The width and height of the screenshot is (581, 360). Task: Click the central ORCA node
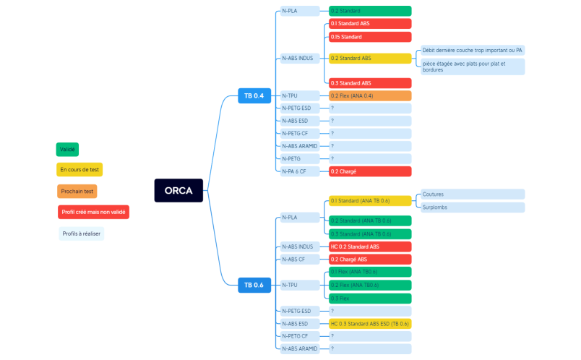click(x=178, y=191)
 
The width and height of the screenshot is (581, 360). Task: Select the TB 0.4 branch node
click(x=253, y=95)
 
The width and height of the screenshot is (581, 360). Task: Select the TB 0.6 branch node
click(x=253, y=285)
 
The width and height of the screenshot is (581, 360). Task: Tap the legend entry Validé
click(x=67, y=149)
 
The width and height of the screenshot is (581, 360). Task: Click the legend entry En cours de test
click(x=79, y=170)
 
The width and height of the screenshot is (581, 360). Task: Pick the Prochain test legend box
click(x=77, y=192)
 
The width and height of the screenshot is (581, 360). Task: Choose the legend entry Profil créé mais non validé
click(x=93, y=212)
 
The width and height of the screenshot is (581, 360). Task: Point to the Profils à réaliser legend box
click(x=81, y=233)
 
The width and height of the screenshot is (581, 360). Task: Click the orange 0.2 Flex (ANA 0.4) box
click(x=369, y=95)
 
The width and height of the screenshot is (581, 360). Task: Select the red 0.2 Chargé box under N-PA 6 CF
click(x=369, y=171)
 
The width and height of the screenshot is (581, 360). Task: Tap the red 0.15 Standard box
click(x=369, y=37)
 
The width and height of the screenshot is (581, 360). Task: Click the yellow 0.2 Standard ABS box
click(x=369, y=58)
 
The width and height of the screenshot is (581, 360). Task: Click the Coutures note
click(x=472, y=194)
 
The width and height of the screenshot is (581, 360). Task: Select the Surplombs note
click(x=472, y=207)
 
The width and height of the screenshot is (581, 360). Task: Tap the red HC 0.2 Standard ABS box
click(x=369, y=247)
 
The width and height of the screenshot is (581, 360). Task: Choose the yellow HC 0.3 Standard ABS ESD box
click(x=369, y=324)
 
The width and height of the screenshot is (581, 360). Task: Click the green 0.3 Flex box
click(x=369, y=298)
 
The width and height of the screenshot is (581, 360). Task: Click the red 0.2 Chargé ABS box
click(x=369, y=260)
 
